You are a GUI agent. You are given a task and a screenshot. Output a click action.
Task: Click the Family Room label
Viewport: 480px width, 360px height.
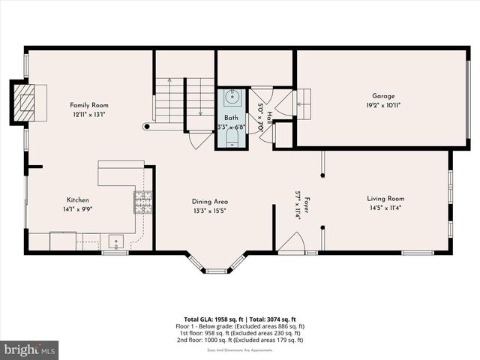pos(90,105)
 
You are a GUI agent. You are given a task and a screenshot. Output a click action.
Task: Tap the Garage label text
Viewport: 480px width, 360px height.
pos(383,96)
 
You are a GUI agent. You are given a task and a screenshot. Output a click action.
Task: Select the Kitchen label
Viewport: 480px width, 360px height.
pos(78,200)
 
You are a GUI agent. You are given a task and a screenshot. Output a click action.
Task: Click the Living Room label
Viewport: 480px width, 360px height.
pos(385,199)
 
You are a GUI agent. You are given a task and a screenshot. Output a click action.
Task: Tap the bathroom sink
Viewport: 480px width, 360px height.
pos(231,97)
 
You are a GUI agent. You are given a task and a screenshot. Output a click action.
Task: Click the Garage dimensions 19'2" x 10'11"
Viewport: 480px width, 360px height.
pos(383,106)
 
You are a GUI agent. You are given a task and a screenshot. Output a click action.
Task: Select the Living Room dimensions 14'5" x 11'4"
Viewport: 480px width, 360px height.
pos(385,209)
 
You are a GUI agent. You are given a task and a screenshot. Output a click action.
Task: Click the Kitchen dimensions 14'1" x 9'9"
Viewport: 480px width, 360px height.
pos(78,211)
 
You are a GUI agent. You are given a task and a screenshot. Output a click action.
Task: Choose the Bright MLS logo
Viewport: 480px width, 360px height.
pos(29,349)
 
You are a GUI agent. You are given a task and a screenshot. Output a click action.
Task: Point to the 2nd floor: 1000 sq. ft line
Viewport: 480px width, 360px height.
pos(240,340)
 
